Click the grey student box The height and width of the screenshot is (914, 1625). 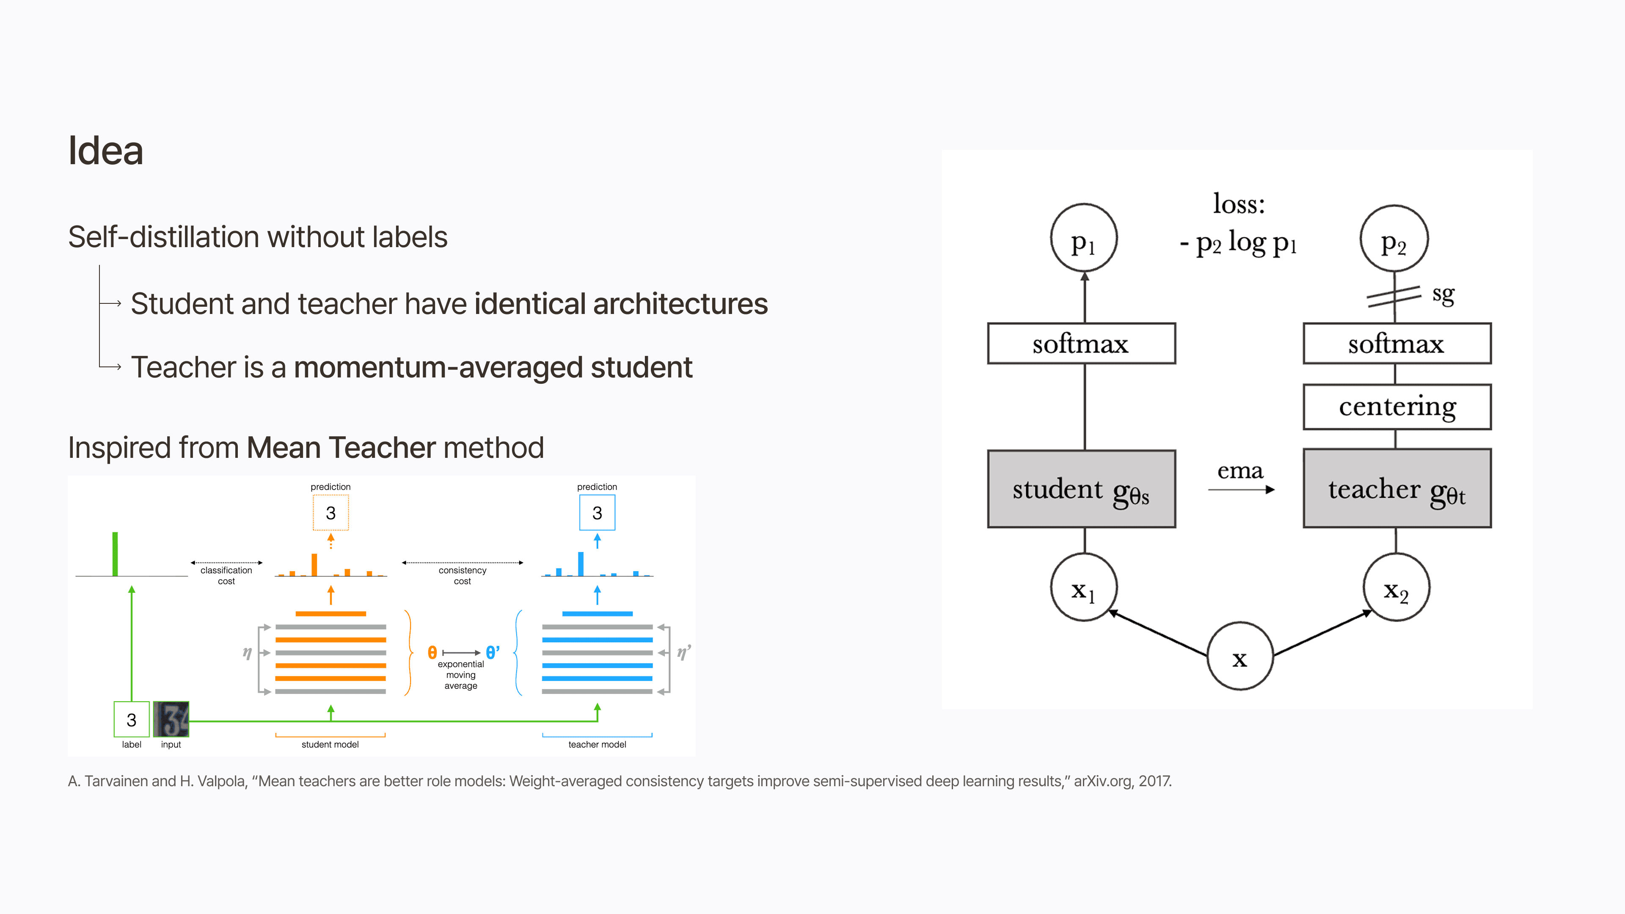point(1081,489)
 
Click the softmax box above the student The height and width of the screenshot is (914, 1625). point(1081,344)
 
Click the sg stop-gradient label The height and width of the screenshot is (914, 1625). point(1443,294)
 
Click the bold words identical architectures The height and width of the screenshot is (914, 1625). point(621,304)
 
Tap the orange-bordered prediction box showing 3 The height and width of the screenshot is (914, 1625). point(331,513)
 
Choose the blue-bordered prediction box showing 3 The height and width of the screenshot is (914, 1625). point(597,513)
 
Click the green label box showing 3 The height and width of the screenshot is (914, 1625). point(131,719)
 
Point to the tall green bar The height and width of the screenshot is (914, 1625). point(115,554)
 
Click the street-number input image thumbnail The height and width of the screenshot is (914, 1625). point(171,719)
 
